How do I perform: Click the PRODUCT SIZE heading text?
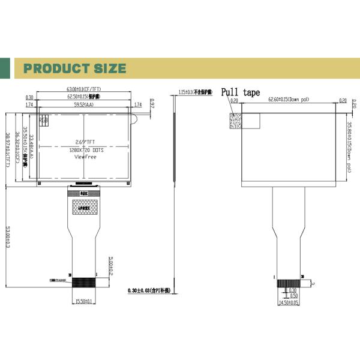[x=74, y=68]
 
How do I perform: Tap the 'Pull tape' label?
[x=241, y=92]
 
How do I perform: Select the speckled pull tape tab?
[x=235, y=120]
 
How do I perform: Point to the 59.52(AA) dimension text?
[x=83, y=105]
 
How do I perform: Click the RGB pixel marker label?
[x=44, y=120]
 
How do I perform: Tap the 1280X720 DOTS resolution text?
[x=85, y=150]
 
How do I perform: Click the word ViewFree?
[x=83, y=157]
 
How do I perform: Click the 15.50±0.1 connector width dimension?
[x=83, y=302]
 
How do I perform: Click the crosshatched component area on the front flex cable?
[x=84, y=207]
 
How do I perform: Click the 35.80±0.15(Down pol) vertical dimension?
[x=349, y=148]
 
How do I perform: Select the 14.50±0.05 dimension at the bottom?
[x=287, y=303]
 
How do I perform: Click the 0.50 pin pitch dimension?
[x=293, y=296]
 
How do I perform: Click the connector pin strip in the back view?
[x=287, y=282]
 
